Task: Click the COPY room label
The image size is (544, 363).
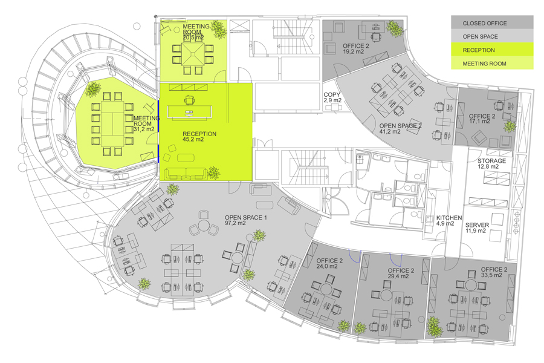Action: (x=332, y=94)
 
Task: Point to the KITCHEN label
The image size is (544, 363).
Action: (x=449, y=218)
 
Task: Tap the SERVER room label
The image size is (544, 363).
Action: (x=477, y=225)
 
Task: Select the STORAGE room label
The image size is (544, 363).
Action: (x=491, y=161)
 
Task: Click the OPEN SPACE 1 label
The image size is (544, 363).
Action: (x=245, y=217)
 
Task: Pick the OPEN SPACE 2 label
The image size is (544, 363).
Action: (x=400, y=126)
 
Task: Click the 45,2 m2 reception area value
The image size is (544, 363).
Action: (x=193, y=139)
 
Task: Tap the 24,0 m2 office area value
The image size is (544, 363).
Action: (x=327, y=266)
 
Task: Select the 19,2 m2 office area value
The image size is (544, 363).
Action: (x=353, y=51)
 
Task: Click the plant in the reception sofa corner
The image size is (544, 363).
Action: (x=213, y=172)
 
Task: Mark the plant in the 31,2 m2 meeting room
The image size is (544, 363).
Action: (x=92, y=90)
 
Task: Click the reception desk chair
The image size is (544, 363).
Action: (x=189, y=100)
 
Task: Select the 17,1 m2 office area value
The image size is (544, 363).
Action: (x=479, y=121)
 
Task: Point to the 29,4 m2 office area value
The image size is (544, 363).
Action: (x=398, y=276)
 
